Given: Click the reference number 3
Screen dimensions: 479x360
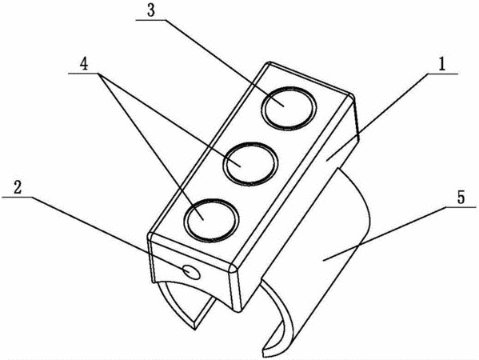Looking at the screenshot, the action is (x=151, y=11).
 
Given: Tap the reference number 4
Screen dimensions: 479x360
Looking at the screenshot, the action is (x=84, y=65).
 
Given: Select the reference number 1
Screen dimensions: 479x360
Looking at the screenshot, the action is (x=441, y=65).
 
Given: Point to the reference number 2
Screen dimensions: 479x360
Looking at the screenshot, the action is (x=18, y=187).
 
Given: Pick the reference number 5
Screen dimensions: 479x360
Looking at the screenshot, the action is (x=461, y=198).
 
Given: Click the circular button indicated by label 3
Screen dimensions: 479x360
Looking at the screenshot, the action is (x=289, y=109).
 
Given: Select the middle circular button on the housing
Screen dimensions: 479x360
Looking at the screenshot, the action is (x=250, y=164).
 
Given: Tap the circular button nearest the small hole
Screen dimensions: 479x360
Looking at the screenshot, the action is (x=211, y=220).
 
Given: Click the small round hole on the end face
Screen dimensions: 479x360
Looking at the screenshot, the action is (x=191, y=272).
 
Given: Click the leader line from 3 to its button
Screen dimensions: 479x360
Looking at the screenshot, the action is (x=225, y=62).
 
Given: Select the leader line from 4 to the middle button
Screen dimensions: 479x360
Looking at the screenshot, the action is (x=170, y=119).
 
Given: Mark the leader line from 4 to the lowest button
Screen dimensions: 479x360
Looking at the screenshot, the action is (x=150, y=146).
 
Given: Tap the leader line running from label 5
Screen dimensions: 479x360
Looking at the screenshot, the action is (x=385, y=233).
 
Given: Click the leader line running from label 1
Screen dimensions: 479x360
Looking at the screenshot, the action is (x=377, y=117).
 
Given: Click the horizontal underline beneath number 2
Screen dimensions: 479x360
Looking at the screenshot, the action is (x=17, y=197).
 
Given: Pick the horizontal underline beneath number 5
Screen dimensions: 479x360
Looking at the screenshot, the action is (x=461, y=207).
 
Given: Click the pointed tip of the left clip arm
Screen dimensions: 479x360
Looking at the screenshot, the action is (x=194, y=330).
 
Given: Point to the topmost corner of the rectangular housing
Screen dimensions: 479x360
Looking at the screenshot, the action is (x=269, y=62).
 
